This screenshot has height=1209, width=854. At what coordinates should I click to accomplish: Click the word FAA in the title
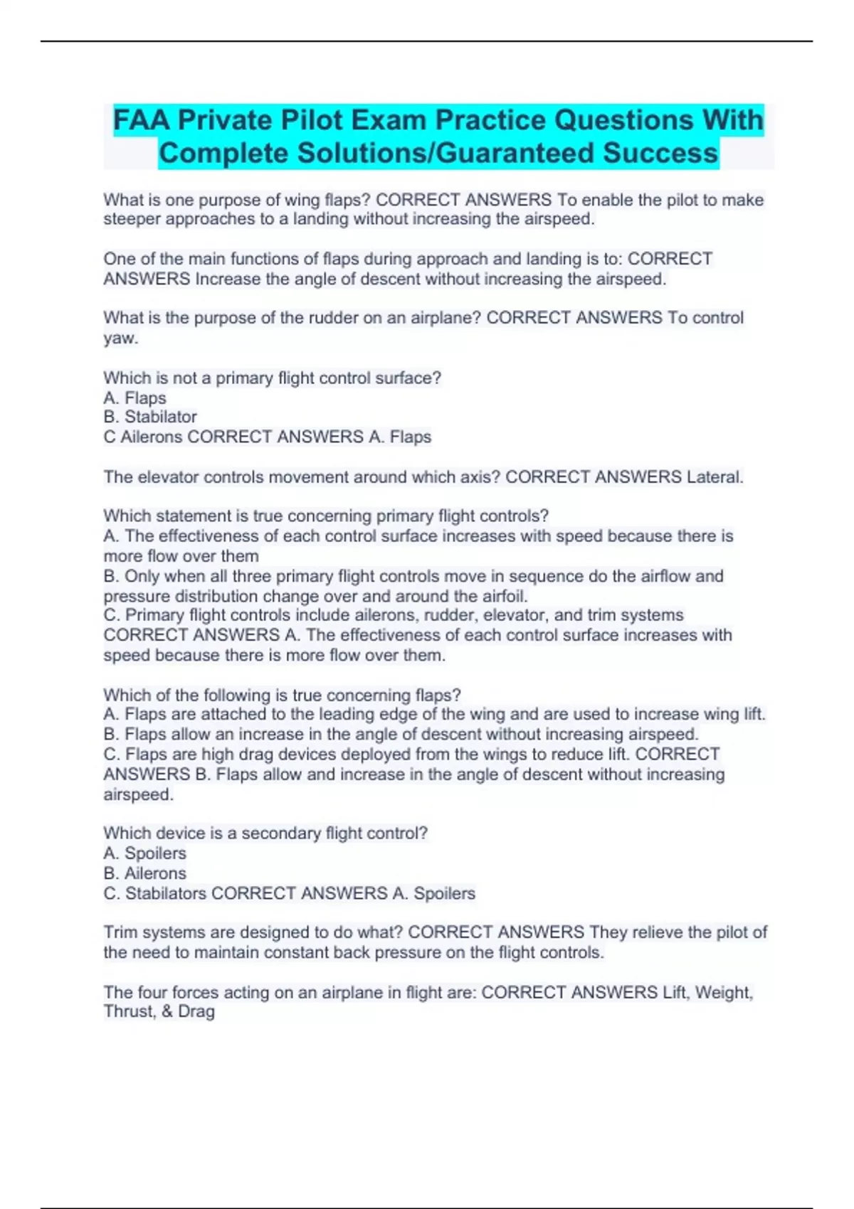[x=142, y=120]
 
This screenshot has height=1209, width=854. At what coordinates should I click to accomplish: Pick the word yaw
[x=119, y=339]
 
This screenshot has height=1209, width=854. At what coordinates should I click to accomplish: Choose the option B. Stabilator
[x=150, y=417]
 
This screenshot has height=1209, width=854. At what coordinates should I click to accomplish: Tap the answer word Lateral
[x=715, y=476]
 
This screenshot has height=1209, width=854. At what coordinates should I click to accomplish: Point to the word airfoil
[x=501, y=596]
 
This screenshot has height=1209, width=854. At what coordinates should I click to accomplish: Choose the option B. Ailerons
[x=145, y=873]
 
